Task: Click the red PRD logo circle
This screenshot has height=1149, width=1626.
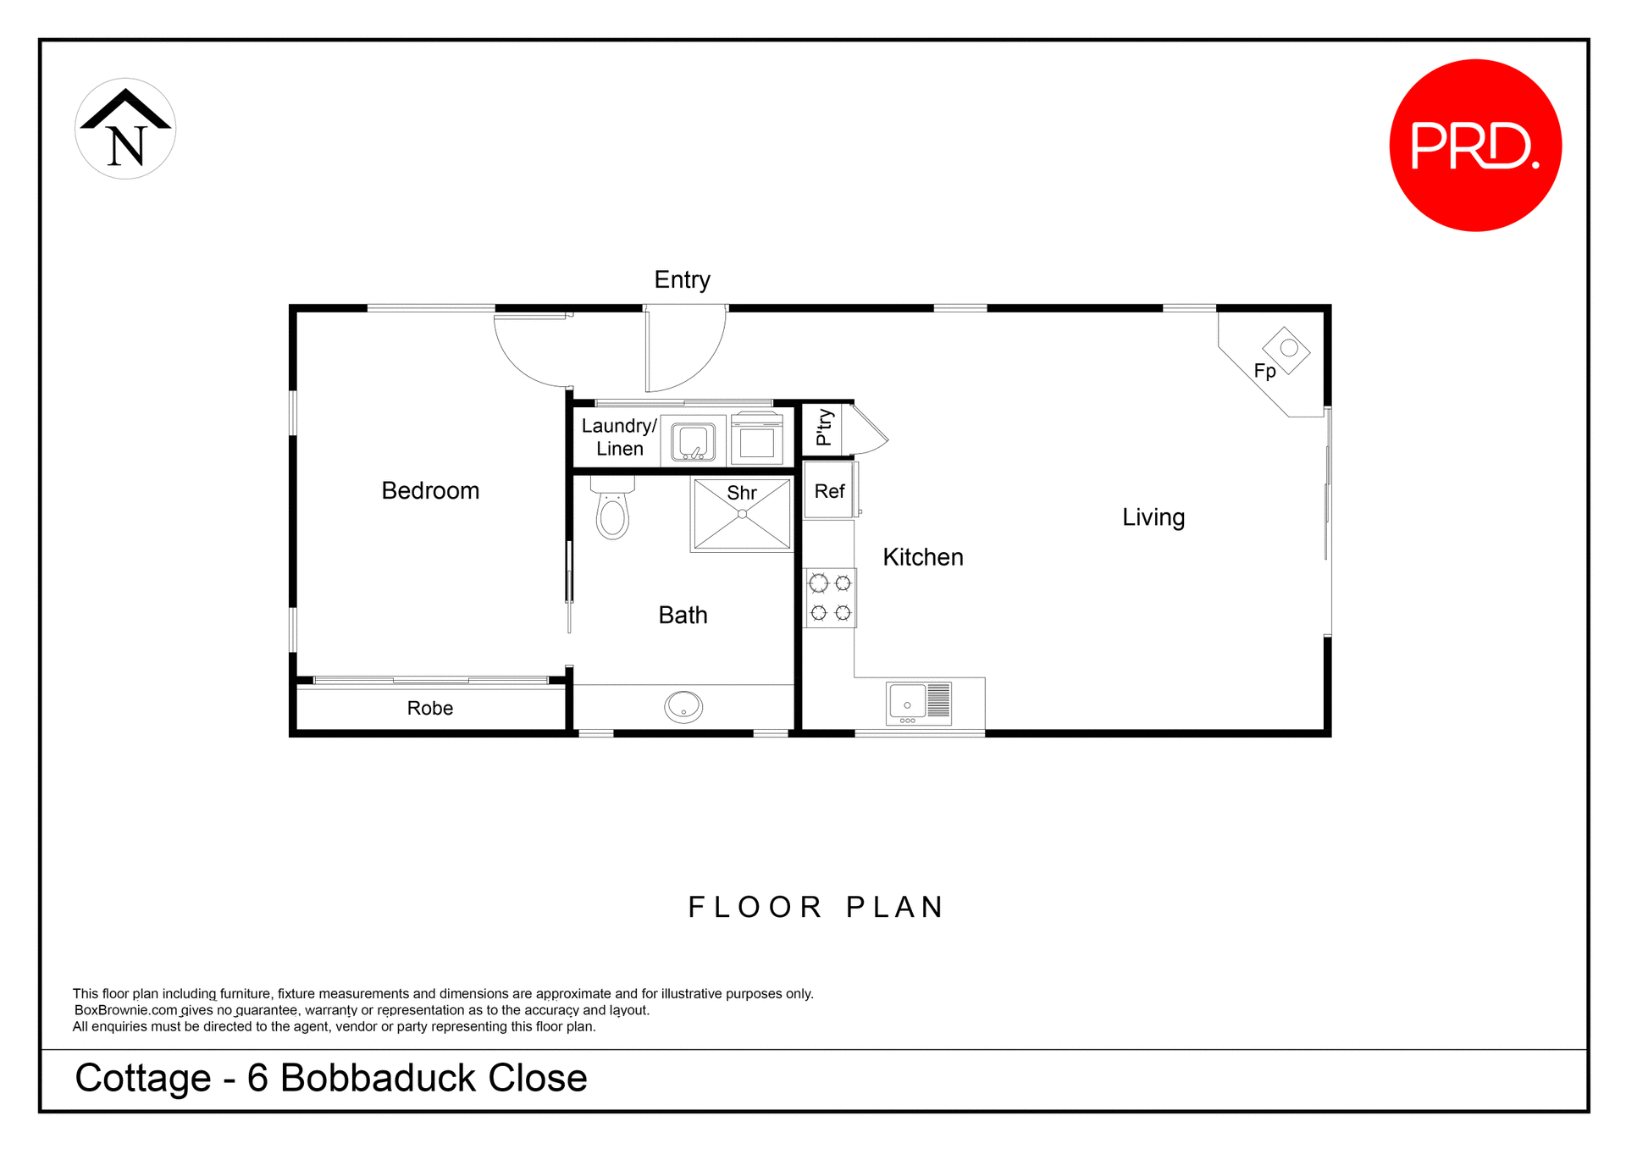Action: coord(1475,146)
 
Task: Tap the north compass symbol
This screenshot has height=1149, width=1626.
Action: coord(125,129)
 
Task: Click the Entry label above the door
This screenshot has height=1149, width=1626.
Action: coord(682,279)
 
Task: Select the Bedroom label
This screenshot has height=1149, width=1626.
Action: coord(430,490)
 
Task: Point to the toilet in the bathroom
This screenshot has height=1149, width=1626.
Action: coord(612,511)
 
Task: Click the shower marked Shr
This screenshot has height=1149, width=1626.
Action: coord(742,515)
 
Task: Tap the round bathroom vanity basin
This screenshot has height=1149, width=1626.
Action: coord(683,706)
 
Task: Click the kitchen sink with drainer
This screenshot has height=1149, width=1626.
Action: coord(918,703)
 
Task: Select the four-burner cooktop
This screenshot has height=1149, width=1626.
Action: coord(830,598)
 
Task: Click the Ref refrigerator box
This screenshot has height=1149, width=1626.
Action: coord(829,491)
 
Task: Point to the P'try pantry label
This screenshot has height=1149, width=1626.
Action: coord(823,428)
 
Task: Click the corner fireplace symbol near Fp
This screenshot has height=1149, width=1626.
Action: coord(1286,350)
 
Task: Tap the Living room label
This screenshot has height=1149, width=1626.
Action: coord(1153,517)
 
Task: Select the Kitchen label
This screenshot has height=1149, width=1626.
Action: coord(922,557)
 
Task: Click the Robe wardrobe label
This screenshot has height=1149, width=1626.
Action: coord(429,708)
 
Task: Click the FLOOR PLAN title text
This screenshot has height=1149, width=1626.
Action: coord(815,907)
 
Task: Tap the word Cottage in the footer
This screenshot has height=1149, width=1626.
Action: coord(143,1078)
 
